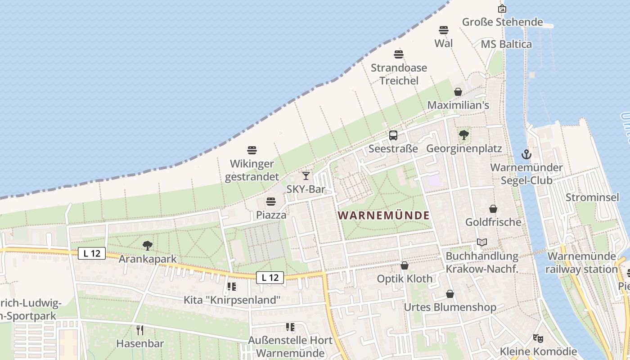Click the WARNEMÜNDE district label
[383, 216]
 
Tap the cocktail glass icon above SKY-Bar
[306, 175]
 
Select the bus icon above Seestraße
[393, 135]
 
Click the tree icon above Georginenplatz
[463, 135]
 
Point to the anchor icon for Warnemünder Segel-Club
[526, 154]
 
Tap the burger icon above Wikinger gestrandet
[252, 150]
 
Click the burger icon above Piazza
[271, 201]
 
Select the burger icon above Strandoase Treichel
[399, 54]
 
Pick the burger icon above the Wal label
[444, 30]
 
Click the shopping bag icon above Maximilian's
[458, 92]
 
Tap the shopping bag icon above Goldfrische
[493, 209]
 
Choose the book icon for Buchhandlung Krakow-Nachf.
[482, 243]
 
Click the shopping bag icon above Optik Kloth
[405, 265]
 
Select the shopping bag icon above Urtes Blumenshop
[450, 294]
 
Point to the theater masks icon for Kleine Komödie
[537, 338]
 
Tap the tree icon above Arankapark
[147, 246]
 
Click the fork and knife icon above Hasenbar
[140, 330]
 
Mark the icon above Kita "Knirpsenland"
[232, 286]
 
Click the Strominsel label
[592, 198]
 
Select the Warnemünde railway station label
[582, 263]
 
